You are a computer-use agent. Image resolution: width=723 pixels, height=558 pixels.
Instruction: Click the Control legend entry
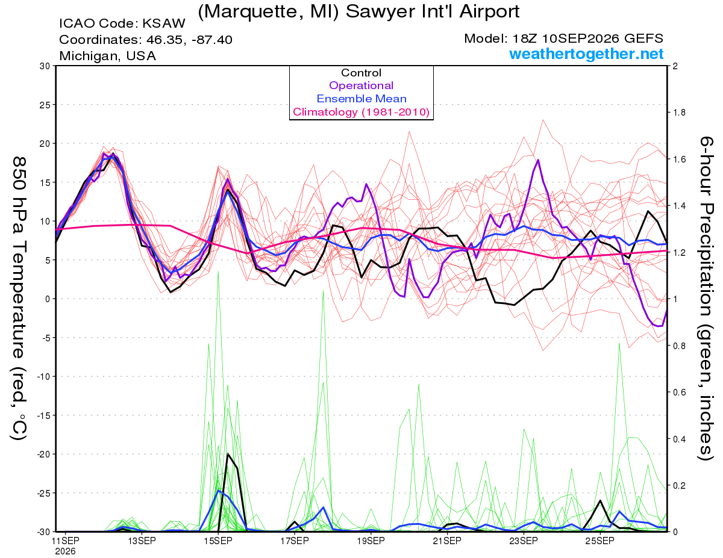361,73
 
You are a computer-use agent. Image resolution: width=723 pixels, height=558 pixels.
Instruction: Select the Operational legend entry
361,85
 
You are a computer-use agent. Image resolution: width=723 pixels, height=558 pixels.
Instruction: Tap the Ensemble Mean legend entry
361,99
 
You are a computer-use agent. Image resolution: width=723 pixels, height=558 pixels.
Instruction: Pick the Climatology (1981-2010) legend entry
361,112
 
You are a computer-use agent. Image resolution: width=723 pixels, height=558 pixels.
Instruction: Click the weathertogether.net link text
586,54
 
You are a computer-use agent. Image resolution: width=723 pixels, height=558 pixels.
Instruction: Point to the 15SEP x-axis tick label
218,541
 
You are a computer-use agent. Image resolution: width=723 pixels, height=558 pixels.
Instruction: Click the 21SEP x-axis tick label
447,541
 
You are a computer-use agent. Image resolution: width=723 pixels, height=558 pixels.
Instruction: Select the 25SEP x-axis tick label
600,541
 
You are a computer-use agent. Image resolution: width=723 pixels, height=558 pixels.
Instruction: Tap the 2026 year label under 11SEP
65,551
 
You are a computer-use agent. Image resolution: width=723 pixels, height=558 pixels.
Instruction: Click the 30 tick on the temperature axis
45,66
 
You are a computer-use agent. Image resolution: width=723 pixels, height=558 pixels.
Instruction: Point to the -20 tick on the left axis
42,454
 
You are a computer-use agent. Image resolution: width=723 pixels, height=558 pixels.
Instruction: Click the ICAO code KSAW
164,23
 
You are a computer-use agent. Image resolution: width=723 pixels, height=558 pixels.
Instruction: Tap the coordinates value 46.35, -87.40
189,40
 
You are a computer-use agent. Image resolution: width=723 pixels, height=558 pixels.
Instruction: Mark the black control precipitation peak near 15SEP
228,454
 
